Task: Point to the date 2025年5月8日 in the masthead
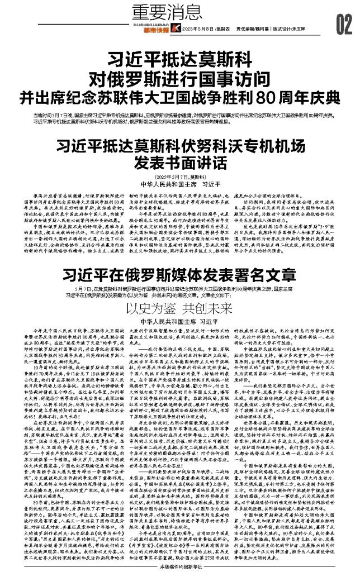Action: tap(200, 29)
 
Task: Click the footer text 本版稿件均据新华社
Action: tap(179, 565)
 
